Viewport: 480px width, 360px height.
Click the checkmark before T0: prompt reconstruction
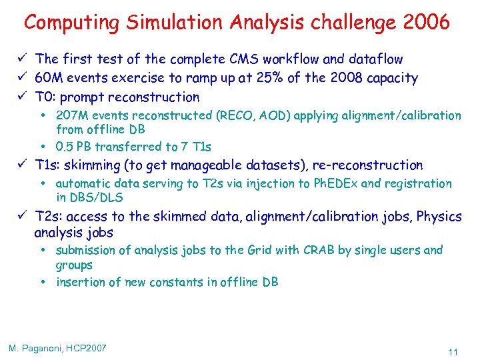(23, 97)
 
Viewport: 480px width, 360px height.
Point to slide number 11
(453, 351)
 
